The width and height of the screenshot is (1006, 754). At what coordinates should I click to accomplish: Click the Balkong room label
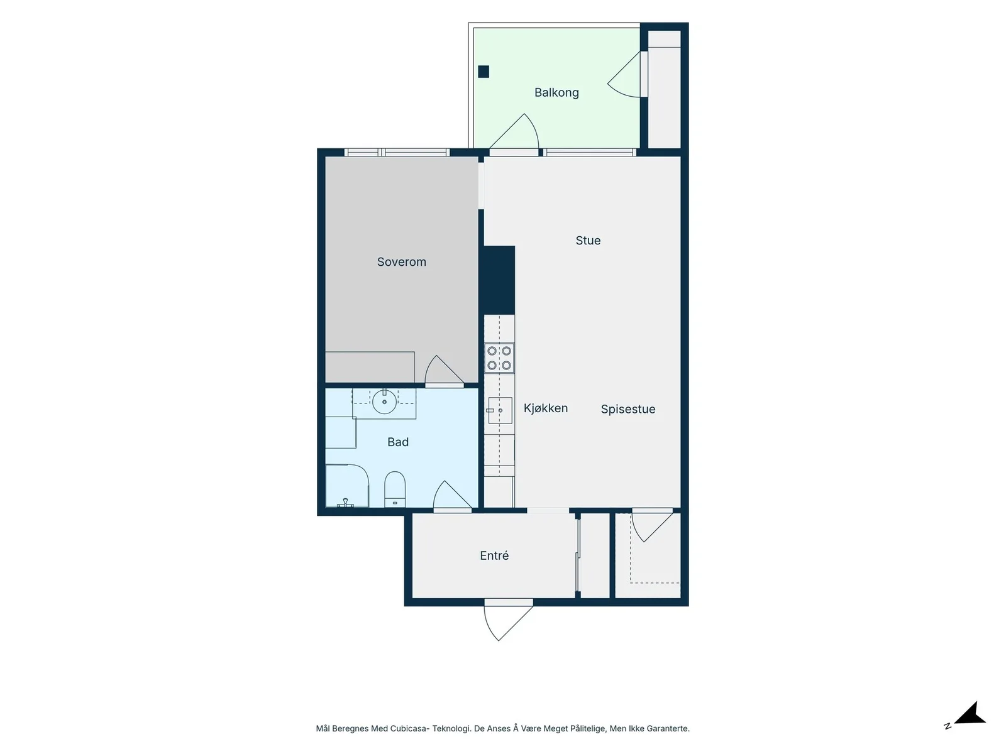556,92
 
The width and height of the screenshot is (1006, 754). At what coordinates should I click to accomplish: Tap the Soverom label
402,262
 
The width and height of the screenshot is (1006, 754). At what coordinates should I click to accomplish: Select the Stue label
588,241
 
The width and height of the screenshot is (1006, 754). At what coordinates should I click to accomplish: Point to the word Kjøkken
545,408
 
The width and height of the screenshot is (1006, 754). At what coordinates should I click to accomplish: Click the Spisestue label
628,409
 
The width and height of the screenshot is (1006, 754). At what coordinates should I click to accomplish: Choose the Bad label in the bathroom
398,442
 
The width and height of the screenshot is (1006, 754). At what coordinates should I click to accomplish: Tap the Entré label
494,555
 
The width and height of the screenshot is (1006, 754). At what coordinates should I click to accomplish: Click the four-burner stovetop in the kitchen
499,358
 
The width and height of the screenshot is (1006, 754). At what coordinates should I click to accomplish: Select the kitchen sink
500,410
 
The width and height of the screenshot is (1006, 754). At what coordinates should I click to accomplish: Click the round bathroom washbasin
384,402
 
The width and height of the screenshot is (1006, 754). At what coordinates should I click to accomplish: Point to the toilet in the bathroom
395,489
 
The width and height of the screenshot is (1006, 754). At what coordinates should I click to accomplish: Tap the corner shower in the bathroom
347,486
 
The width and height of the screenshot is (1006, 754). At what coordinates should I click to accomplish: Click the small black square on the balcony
484,72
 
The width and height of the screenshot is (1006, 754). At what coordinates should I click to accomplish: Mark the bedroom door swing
444,371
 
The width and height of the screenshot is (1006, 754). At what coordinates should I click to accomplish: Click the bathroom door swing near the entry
452,495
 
